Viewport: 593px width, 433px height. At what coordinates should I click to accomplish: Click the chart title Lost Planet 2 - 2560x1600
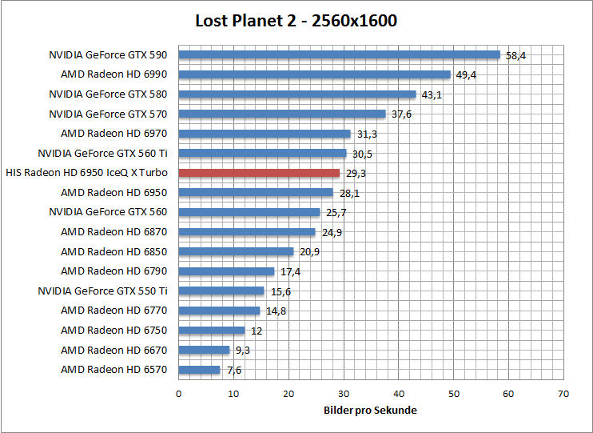pyautogui.click(x=296, y=21)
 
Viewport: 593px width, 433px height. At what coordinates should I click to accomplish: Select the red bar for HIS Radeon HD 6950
pyautogui.click(x=259, y=173)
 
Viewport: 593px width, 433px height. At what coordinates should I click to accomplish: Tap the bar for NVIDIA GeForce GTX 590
pyautogui.click(x=339, y=55)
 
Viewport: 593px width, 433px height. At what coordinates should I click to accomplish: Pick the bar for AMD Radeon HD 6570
pyautogui.click(x=199, y=370)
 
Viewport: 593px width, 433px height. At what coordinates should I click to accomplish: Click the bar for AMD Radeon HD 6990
pyautogui.click(x=314, y=74)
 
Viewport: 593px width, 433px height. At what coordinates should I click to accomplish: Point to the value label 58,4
pyautogui.click(x=516, y=56)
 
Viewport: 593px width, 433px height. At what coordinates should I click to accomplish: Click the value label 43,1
pyautogui.click(x=432, y=95)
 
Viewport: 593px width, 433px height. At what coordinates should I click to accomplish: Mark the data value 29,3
pyautogui.click(x=356, y=174)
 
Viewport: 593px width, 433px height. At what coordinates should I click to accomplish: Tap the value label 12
pyautogui.click(x=257, y=331)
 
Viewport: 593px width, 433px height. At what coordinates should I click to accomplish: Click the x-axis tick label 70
pyautogui.click(x=563, y=394)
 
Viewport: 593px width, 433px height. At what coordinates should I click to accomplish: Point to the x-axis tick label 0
pyautogui.click(x=178, y=394)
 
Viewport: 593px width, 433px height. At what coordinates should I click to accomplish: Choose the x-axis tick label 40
pyautogui.click(x=398, y=394)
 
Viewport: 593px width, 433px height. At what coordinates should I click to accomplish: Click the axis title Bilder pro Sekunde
pyautogui.click(x=370, y=410)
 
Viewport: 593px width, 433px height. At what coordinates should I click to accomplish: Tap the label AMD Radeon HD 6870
pyautogui.click(x=114, y=231)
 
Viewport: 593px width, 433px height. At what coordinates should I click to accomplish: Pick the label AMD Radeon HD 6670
pyautogui.click(x=114, y=350)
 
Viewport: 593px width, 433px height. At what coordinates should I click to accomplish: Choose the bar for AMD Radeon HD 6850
pyautogui.click(x=236, y=251)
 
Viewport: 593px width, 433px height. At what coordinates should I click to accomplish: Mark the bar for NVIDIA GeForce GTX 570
pyautogui.click(x=281, y=114)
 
